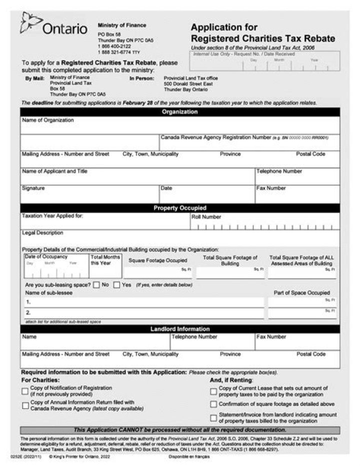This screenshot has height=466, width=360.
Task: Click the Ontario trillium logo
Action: coord(31,23)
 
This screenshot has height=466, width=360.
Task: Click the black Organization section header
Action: coord(180,112)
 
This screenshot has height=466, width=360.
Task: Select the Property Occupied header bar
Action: coord(180,208)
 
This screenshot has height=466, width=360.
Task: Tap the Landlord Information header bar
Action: coord(180,329)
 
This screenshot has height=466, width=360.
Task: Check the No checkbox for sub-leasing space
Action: coord(96,285)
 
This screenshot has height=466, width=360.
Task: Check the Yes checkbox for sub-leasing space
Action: coord(116,285)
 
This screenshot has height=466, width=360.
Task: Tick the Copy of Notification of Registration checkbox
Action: coord(25,391)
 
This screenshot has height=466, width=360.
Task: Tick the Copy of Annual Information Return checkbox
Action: coord(25,405)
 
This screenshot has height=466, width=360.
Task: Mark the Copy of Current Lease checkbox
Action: coord(213,391)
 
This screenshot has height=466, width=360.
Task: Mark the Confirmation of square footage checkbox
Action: coord(213,404)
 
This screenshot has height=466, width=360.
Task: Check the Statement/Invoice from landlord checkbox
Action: coord(213,417)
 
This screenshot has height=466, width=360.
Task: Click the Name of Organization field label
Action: coord(47,120)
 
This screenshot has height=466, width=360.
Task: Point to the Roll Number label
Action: coord(206,217)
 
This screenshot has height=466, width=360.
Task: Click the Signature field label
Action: coord(33,188)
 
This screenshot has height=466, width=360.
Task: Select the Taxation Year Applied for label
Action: coord(52,216)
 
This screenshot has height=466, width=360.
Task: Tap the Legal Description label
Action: coord(42,233)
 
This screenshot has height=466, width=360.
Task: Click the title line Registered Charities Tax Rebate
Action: coord(263,39)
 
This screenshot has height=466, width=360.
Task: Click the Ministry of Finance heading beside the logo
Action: coord(122,25)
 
